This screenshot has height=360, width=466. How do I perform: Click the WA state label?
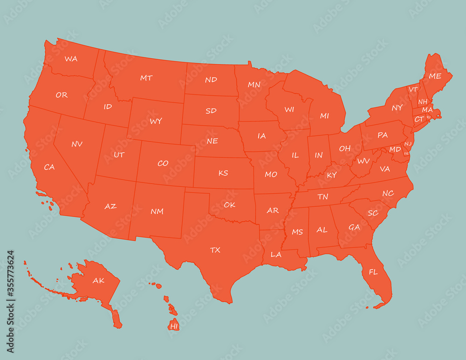tap(71, 59)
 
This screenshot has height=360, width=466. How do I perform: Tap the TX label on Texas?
tap(215, 250)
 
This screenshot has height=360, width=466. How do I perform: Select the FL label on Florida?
tap(373, 272)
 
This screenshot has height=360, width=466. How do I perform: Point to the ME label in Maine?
tap(435, 76)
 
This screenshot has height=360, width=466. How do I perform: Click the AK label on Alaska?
tap(98, 280)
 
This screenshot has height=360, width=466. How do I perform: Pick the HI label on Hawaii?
tap(174, 326)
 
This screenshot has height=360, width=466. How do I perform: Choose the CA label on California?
tap(49, 167)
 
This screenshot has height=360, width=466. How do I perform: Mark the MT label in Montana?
tap(146, 78)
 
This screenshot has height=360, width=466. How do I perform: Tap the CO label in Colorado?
tap(163, 163)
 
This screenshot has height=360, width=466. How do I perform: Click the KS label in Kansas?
tap(223, 173)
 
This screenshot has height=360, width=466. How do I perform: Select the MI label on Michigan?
tap(324, 116)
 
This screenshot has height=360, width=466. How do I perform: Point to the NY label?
tap(397, 108)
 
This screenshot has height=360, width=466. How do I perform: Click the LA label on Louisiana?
tap(276, 254)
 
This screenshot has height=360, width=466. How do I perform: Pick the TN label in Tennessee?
tap(322, 197)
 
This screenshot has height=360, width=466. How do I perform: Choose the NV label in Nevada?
tap(77, 144)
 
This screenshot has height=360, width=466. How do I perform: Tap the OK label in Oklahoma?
tap(229, 204)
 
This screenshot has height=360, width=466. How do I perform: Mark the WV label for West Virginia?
tap(363, 161)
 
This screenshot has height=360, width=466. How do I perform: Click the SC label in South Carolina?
tap(373, 213)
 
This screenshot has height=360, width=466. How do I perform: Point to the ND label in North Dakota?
tap(211, 80)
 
